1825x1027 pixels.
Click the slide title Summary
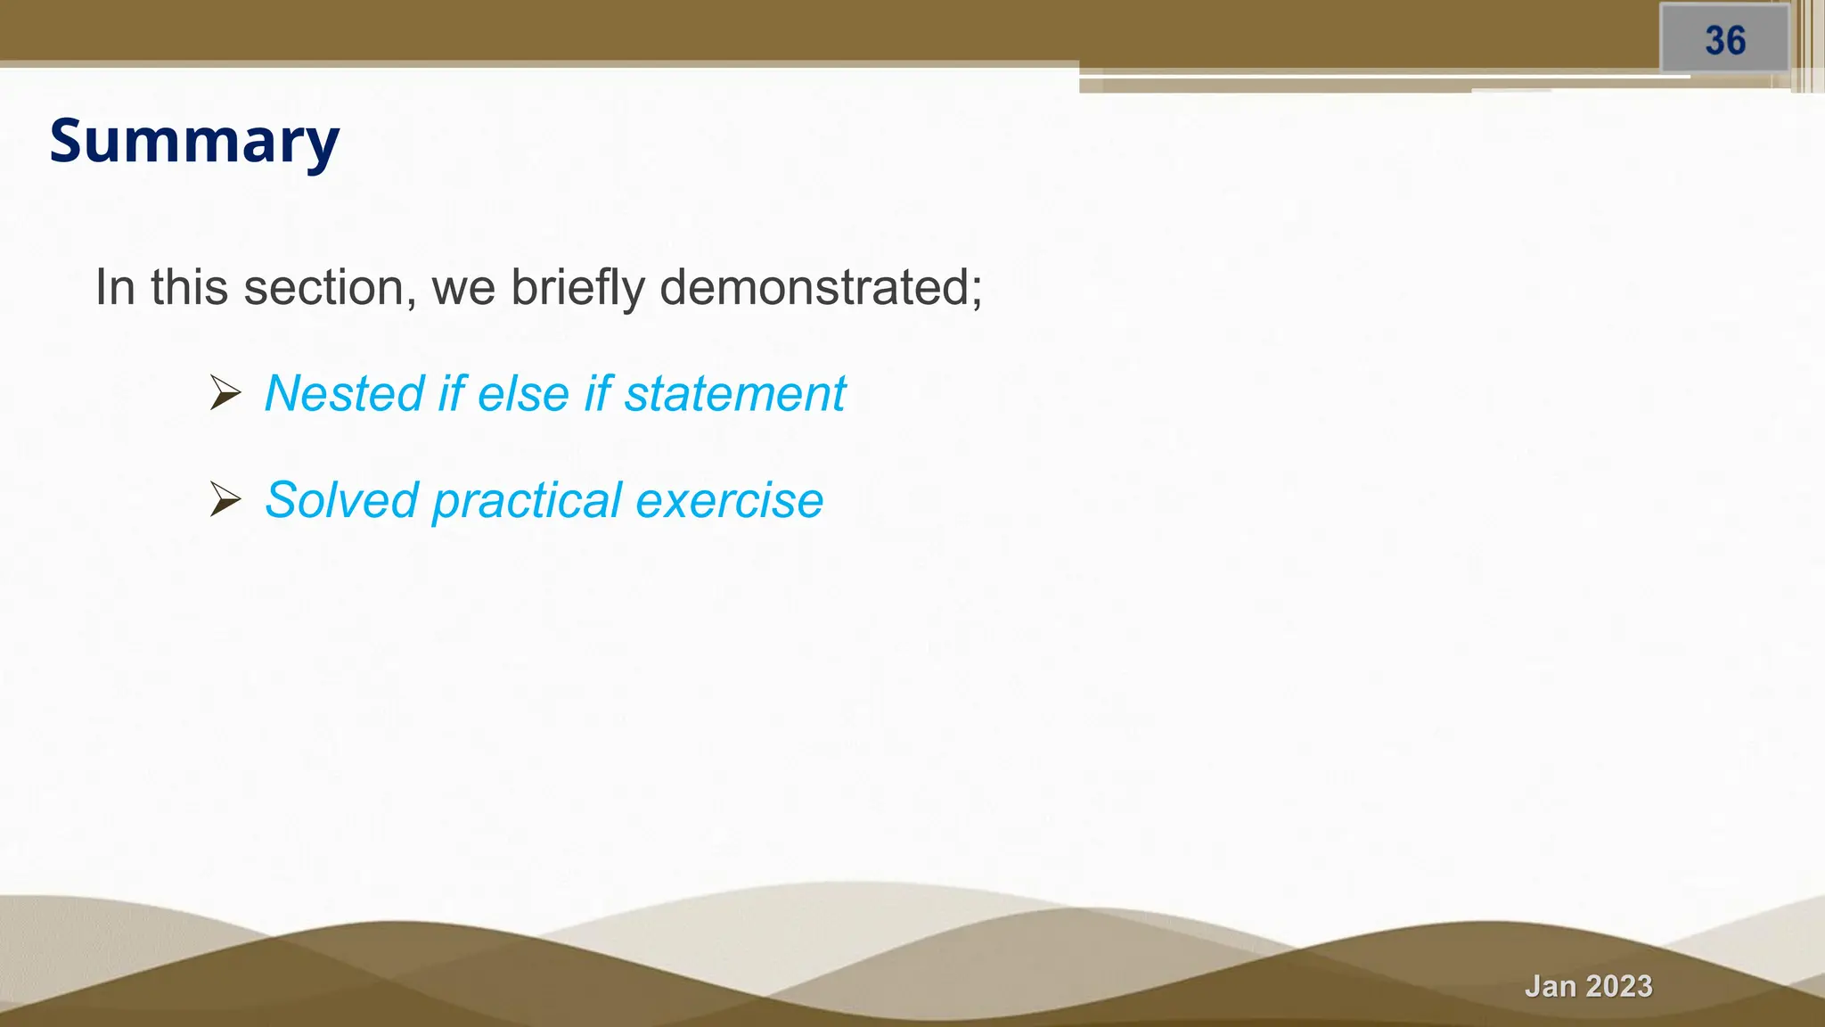194,141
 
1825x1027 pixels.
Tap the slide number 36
1725,41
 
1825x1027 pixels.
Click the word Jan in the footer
1550,986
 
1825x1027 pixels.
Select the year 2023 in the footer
1617,986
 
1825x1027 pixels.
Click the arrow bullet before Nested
225,393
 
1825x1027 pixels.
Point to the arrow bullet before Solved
225,499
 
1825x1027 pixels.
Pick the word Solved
341,499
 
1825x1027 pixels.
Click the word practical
526,501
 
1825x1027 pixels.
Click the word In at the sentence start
115,287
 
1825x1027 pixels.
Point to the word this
189,287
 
